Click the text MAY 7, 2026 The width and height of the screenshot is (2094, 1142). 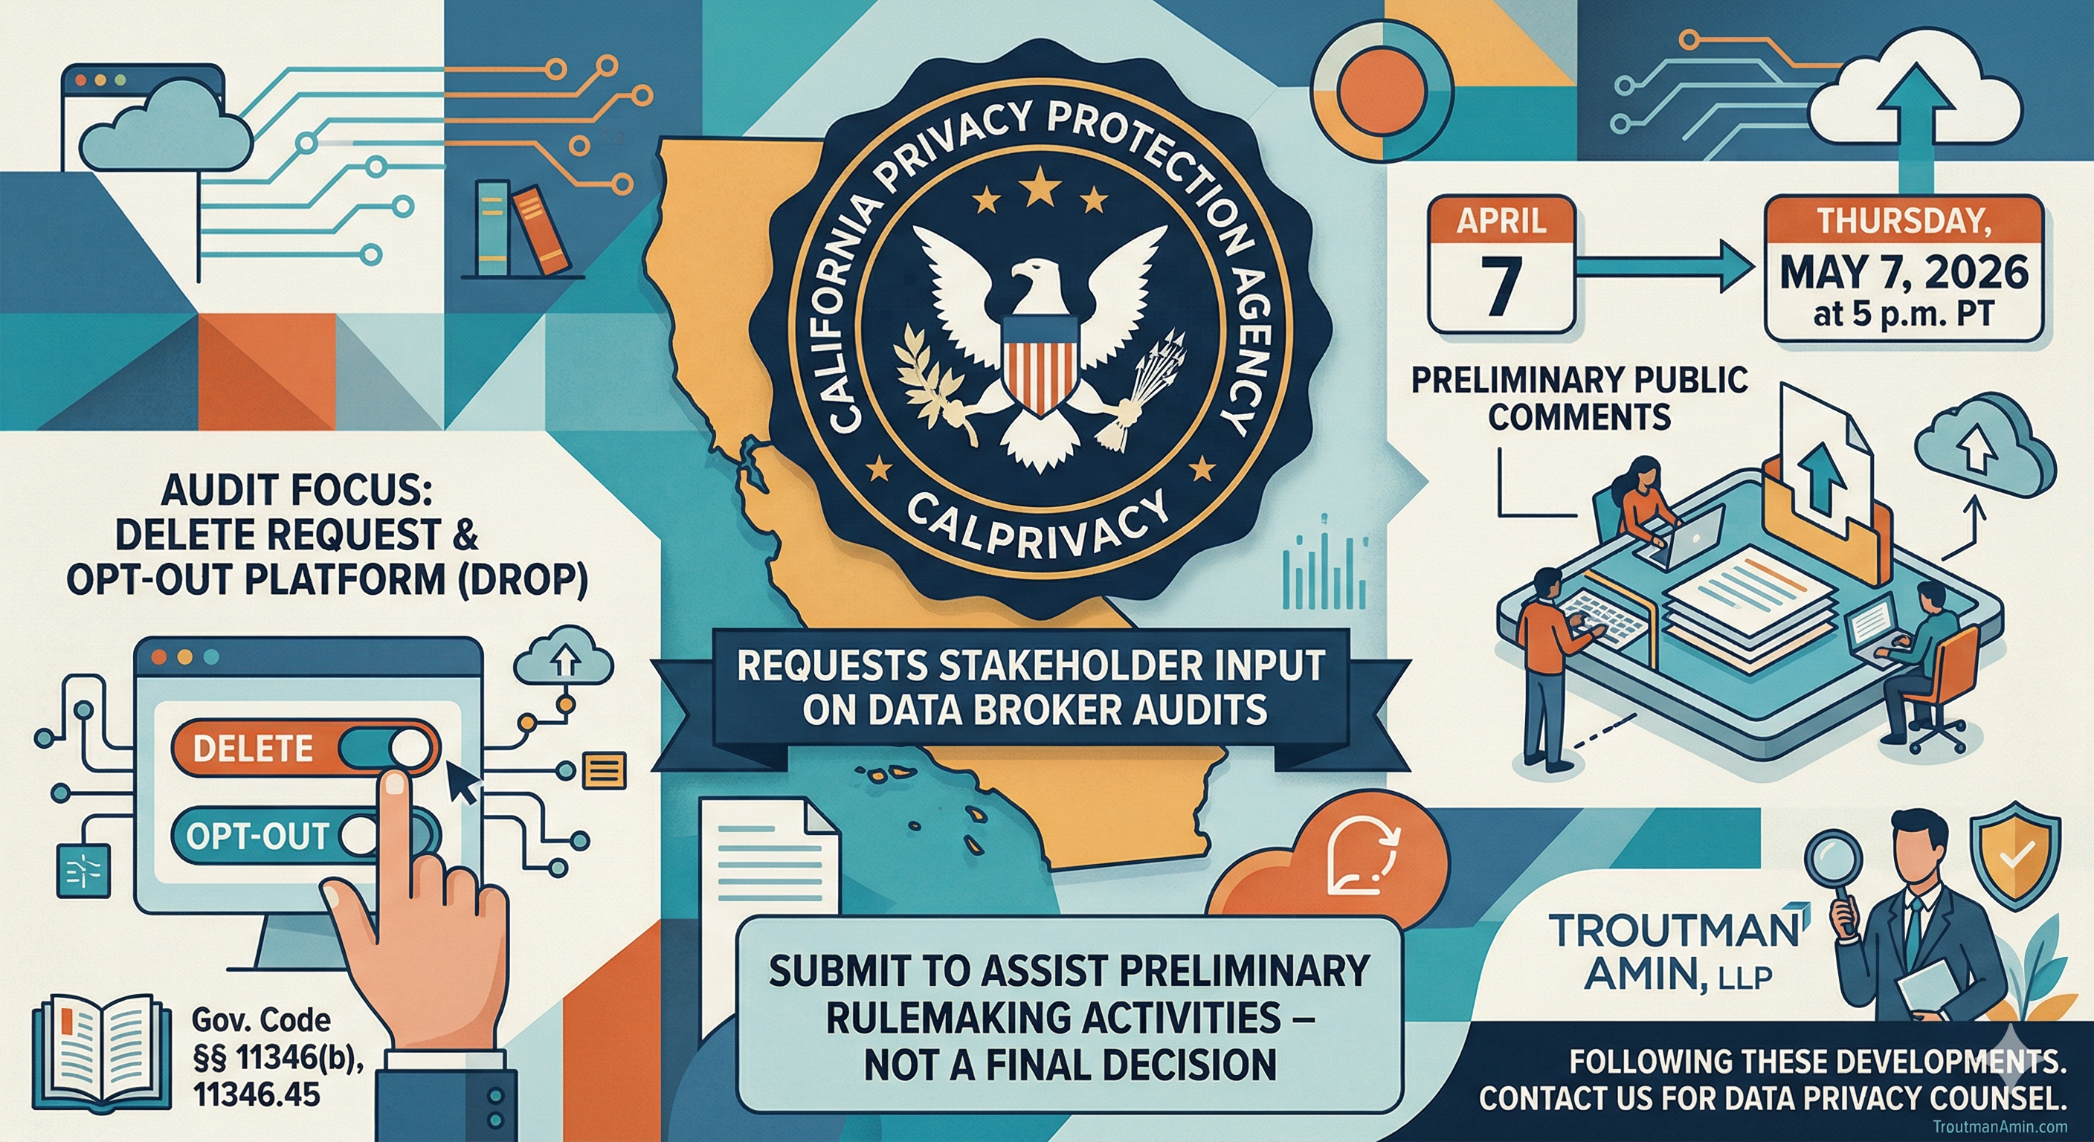[x=1904, y=272]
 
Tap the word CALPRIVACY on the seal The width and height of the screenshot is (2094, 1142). [x=1036, y=529]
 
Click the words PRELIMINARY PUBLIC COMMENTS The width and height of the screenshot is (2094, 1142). [x=1579, y=399]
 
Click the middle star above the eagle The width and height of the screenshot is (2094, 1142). [x=1040, y=190]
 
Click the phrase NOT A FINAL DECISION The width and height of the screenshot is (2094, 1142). [x=1069, y=1064]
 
